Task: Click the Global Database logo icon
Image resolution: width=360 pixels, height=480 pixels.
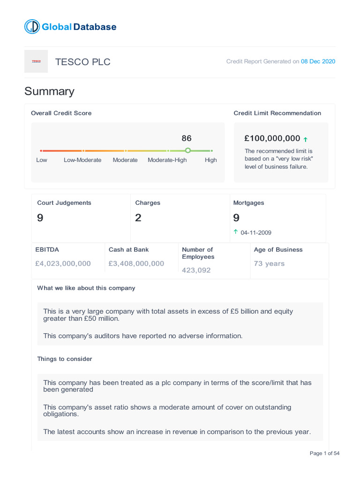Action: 32,27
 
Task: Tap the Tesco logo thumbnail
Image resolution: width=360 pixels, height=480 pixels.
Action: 36,61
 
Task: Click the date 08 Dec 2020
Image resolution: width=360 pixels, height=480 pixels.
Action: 318,61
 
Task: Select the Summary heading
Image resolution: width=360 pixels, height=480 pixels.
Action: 49,91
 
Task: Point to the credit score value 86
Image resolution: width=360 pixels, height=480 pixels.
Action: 187,138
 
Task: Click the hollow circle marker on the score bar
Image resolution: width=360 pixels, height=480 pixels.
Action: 188,150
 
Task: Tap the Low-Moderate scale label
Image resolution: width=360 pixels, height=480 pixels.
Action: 82,160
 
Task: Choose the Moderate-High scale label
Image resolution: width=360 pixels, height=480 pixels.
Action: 167,160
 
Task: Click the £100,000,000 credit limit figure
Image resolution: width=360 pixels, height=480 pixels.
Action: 272,138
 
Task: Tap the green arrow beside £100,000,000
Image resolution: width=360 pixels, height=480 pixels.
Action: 306,139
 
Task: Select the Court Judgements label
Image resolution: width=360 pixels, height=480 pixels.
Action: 64,203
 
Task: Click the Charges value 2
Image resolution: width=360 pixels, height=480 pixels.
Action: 138,217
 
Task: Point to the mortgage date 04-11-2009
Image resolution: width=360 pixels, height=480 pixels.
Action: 255,232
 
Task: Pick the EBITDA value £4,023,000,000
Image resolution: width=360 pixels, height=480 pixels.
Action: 63,263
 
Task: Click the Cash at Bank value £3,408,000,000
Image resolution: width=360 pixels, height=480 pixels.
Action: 136,263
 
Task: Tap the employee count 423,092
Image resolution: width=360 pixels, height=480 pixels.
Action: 196,270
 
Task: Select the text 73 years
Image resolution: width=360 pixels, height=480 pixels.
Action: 269,263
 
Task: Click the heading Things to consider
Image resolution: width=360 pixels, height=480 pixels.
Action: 65,359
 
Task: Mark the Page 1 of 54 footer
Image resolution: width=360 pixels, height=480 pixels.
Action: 324,453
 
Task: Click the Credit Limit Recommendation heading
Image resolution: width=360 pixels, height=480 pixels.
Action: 277,113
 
